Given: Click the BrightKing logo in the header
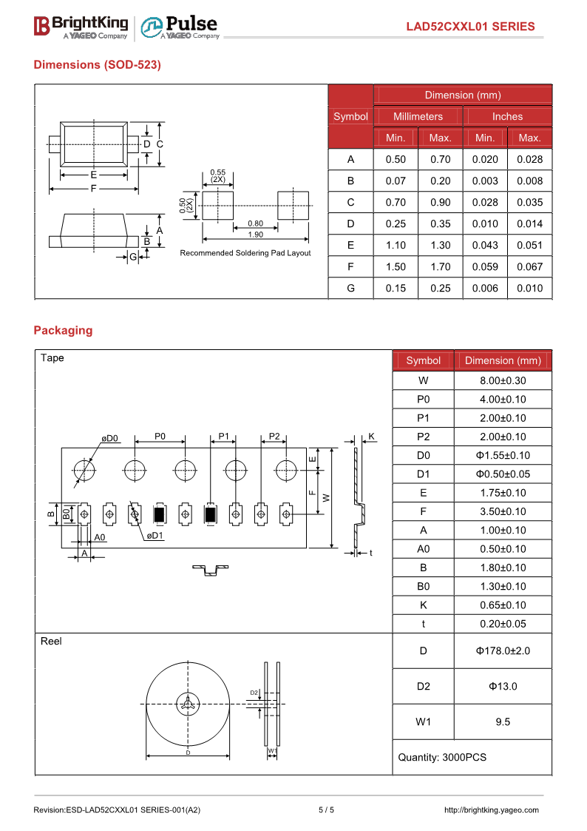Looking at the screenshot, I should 81,27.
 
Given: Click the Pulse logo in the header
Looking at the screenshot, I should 180,27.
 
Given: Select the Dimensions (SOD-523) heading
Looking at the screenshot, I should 97,64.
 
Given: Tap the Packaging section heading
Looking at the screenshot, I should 63,330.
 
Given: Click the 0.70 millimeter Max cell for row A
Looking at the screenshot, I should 440,159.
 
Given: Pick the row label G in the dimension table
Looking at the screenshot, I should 350,288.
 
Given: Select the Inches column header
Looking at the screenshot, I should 507,116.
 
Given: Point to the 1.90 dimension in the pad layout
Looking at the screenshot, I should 255,235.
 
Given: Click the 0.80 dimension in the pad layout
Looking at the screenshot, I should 255,223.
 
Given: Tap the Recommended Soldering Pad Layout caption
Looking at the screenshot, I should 245,253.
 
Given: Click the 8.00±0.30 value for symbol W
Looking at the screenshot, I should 503,380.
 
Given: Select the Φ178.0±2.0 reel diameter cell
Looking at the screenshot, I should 503,650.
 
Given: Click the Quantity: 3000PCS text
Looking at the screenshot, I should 442,757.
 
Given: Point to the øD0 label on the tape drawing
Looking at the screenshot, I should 109,438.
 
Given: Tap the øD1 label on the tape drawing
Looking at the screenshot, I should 155,535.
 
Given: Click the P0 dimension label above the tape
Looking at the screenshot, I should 160,436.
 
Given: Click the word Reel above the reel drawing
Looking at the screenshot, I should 51,641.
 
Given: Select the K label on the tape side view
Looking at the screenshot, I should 371,436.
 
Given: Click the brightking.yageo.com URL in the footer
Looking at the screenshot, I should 491,810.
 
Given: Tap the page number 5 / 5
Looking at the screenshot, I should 326,810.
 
